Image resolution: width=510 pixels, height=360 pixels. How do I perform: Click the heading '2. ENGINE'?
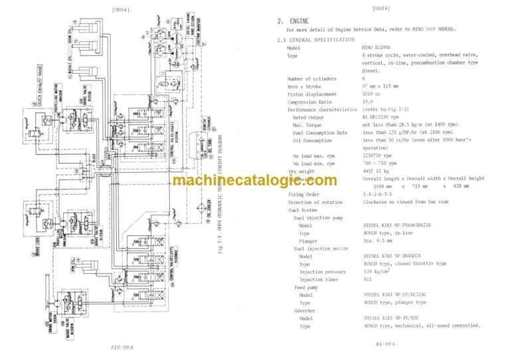[296, 21]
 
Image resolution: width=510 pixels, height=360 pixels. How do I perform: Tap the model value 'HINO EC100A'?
[377, 48]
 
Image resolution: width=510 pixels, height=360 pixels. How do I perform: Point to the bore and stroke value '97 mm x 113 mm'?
[381, 86]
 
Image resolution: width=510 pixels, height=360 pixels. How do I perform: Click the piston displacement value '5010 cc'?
[371, 94]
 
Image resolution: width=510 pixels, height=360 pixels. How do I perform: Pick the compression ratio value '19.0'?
[368, 102]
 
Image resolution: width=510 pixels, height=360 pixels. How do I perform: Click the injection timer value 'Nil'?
[367, 279]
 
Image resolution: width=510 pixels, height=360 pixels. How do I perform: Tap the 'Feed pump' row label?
[305, 287]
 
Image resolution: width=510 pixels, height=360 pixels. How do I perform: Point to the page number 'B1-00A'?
[386, 344]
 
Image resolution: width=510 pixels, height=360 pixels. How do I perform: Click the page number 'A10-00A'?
[123, 347]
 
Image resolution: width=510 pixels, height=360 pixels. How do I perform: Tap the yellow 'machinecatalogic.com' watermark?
[254, 181]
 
